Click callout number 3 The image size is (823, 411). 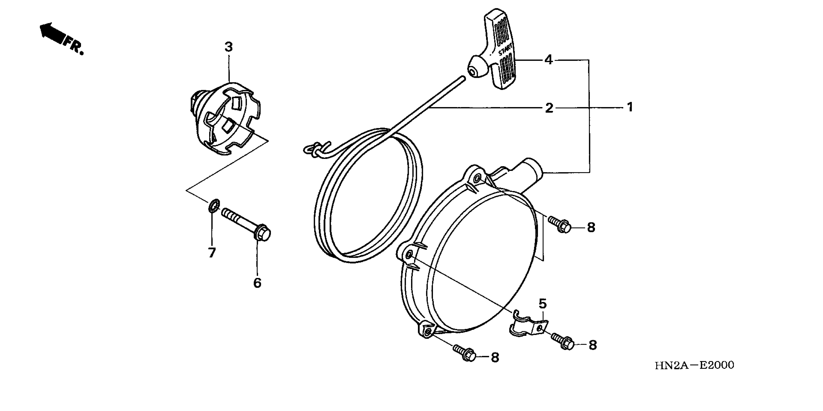point(229,47)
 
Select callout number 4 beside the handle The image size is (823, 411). point(548,60)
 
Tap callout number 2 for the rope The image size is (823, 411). point(549,108)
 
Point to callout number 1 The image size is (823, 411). point(630,107)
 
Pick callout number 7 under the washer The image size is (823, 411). point(212,253)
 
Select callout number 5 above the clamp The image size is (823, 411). point(543,304)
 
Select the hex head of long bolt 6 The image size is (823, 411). point(263,234)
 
